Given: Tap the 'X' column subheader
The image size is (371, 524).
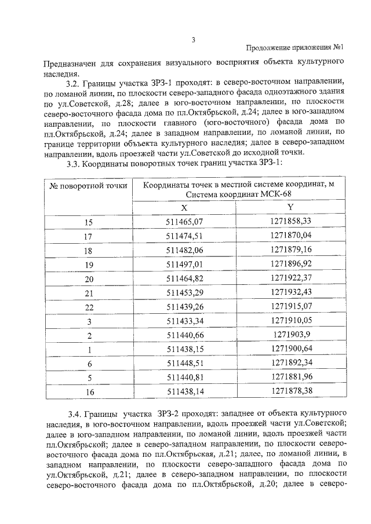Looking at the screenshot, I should tap(184, 207).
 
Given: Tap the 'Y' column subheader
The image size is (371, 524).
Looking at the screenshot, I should tap(290, 207).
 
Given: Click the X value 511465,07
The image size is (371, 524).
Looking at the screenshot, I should tap(184, 222).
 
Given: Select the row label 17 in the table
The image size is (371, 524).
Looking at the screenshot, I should tap(88, 236).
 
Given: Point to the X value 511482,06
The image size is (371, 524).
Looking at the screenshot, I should tap(184, 250).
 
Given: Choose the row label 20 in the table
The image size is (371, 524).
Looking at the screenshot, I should tap(89, 279).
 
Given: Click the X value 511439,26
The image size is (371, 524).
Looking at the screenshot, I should tap(184, 307).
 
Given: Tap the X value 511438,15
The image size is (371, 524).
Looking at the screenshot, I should tap(184, 350).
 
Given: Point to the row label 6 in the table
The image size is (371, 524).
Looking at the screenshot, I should tap(89, 364).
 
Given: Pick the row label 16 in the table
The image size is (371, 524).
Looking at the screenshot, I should tap(89, 393).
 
